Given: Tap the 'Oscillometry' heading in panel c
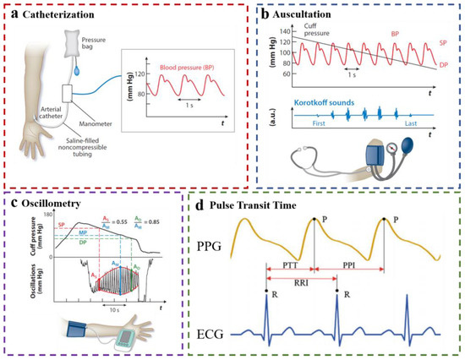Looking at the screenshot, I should click(50, 203).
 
